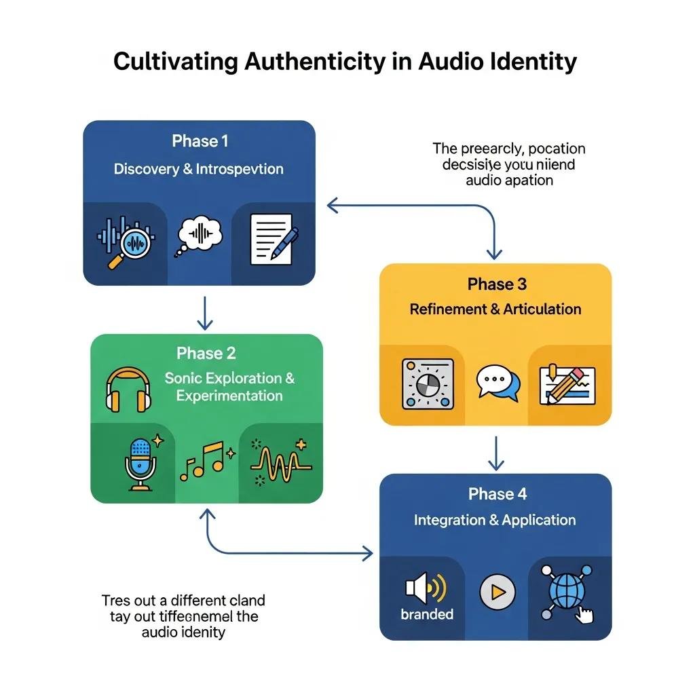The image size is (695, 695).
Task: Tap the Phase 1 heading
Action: [x=200, y=141]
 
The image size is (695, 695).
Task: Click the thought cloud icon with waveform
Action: [x=200, y=236]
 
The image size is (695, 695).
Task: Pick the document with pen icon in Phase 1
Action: [x=274, y=238]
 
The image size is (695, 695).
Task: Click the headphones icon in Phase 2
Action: [x=128, y=389]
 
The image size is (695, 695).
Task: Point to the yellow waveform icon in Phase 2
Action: [x=279, y=462]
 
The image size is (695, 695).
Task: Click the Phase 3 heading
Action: [x=497, y=284]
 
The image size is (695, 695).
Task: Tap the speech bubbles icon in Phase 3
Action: [x=497, y=383]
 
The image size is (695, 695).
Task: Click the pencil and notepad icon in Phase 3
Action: [x=566, y=384]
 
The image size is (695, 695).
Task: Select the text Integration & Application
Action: [x=495, y=520]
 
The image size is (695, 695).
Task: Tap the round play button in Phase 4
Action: [x=497, y=591]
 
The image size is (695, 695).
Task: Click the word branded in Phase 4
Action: [x=427, y=614]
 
